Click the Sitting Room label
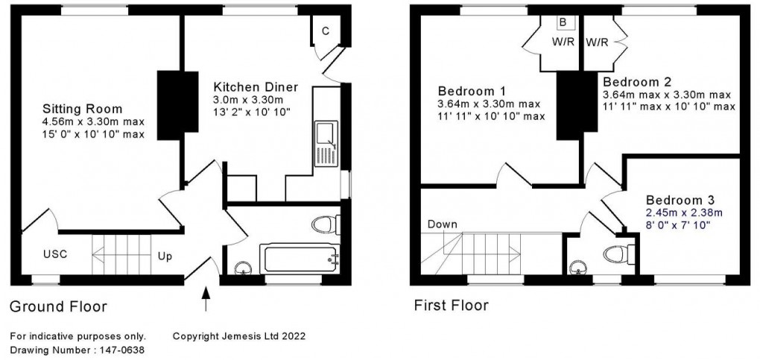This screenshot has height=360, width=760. (82, 109)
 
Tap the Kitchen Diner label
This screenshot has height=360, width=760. (256, 87)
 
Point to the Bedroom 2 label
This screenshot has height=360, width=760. (638, 81)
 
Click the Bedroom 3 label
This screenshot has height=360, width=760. (680, 200)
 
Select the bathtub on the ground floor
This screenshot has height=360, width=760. (300, 258)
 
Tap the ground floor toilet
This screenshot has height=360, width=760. (326, 224)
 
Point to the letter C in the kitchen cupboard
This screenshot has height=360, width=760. (326, 31)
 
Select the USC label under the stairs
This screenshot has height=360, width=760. (54, 254)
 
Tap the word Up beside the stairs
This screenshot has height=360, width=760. (165, 256)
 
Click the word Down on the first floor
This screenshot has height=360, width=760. (443, 224)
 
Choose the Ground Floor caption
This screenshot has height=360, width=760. (58, 306)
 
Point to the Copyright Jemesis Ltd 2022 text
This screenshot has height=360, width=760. (238, 336)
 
